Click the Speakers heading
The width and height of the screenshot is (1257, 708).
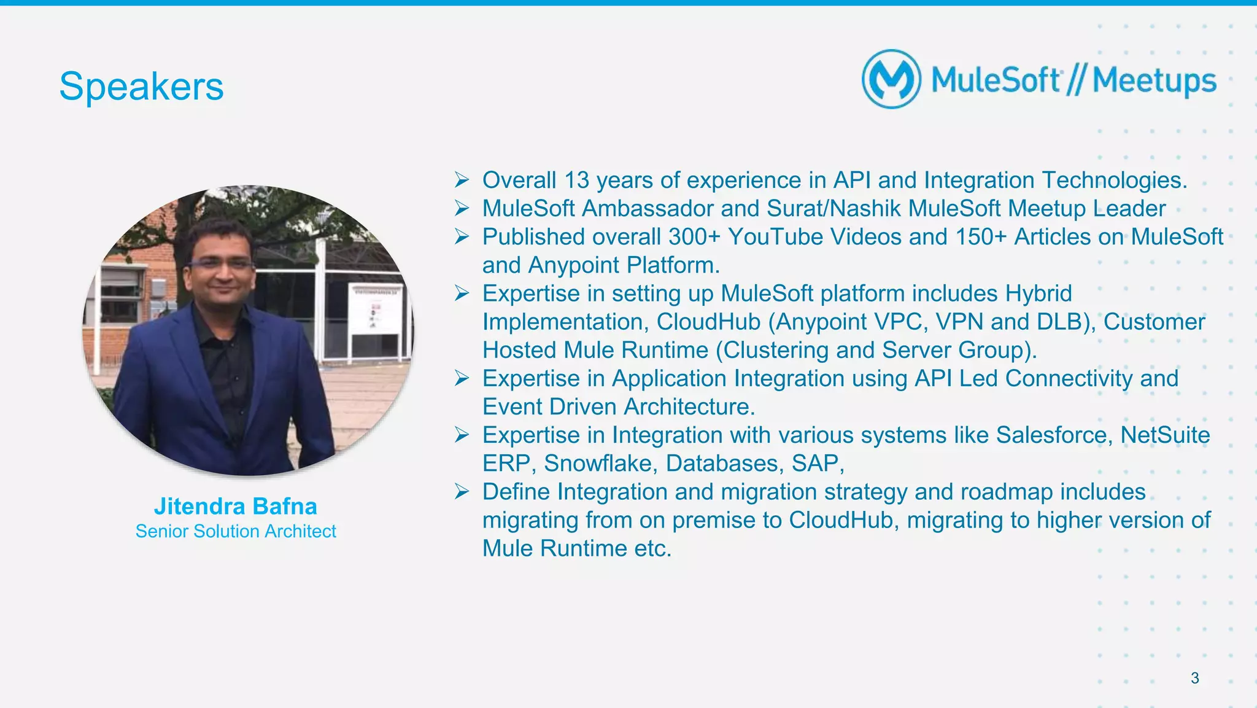pyautogui.click(x=141, y=87)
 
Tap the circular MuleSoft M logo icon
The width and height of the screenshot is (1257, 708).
pyautogui.click(x=891, y=80)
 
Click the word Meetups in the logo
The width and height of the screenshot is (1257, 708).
pyautogui.click(x=1154, y=81)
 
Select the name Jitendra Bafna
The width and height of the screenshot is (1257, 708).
pyautogui.click(x=235, y=507)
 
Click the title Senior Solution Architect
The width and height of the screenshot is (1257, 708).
pyautogui.click(x=236, y=531)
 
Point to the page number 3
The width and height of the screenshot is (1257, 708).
pyautogui.click(x=1194, y=678)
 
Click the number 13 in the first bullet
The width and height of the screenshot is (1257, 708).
pyautogui.click(x=576, y=181)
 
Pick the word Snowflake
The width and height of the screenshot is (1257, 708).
pyautogui.click(x=600, y=464)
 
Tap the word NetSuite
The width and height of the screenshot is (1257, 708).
pyautogui.click(x=1165, y=435)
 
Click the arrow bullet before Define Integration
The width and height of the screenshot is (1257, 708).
pyautogui.click(x=462, y=492)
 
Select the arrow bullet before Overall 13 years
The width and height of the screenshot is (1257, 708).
pyautogui.click(x=462, y=181)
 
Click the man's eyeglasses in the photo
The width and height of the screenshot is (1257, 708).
pyautogui.click(x=221, y=264)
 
